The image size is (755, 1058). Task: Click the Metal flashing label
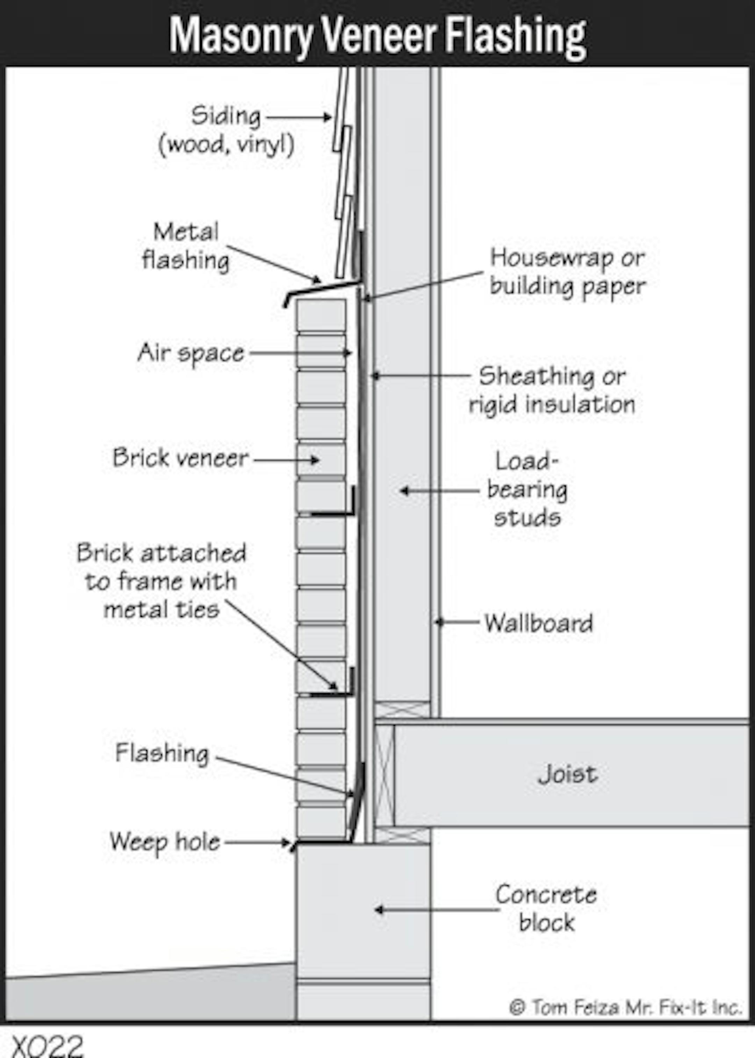pos(186,246)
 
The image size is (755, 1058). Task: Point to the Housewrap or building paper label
pos(567,272)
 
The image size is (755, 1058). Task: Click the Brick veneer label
pos(181,457)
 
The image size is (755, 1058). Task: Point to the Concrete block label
pos(546,909)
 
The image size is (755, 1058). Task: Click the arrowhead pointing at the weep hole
pos(286,843)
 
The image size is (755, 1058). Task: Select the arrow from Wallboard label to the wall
pos(457,621)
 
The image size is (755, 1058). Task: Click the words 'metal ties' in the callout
pos(161,610)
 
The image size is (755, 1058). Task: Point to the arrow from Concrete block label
pos(436,909)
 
